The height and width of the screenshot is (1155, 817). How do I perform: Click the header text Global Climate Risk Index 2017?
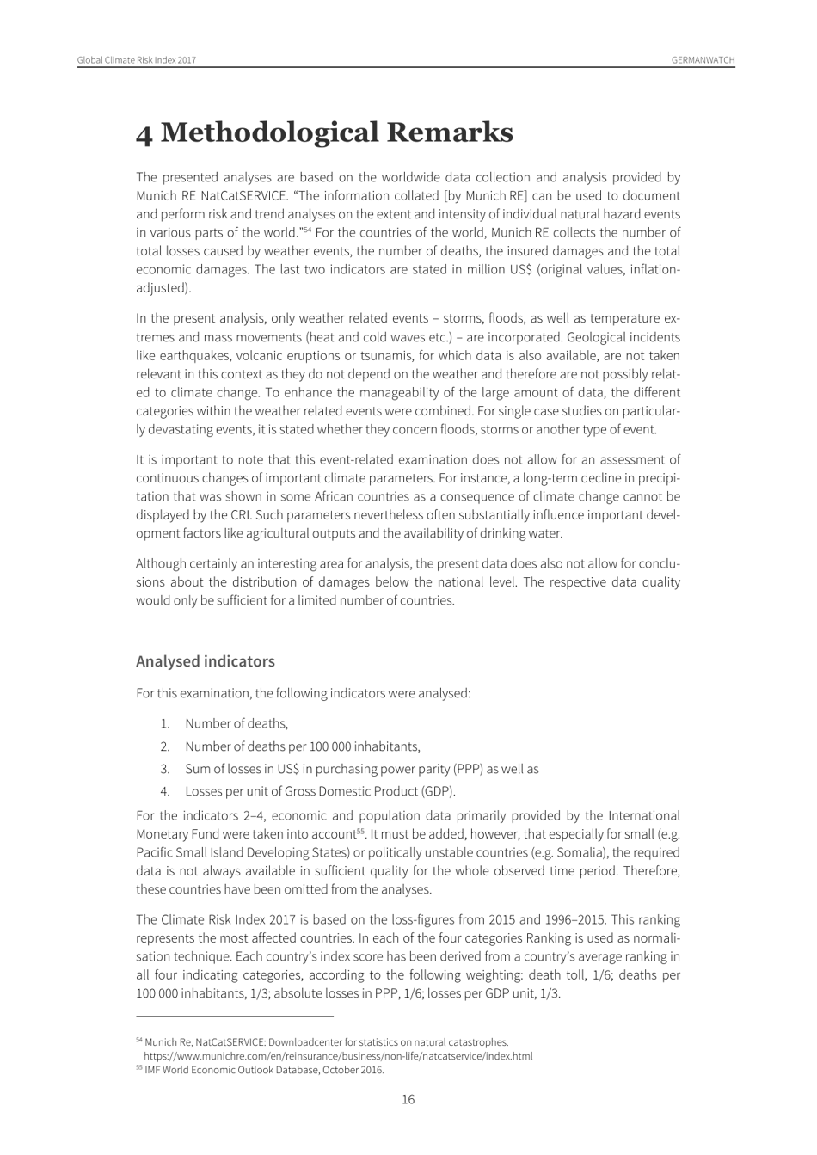coord(137,60)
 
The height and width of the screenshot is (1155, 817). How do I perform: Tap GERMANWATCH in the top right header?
coord(703,60)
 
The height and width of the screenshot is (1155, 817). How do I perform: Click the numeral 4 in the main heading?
coord(145,133)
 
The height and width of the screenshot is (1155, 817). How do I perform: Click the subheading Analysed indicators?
coord(206,661)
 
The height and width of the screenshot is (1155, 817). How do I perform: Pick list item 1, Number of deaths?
coord(236,724)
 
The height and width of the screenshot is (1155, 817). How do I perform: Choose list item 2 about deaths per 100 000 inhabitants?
coord(302,746)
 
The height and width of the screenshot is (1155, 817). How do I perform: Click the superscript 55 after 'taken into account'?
coord(361,832)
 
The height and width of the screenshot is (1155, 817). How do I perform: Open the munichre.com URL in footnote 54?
coord(338,1056)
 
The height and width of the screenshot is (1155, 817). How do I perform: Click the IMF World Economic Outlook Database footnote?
coord(263,1071)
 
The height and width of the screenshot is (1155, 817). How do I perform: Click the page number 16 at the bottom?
coord(408,1100)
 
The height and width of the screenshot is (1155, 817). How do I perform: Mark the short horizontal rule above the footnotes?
coord(222,1016)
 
